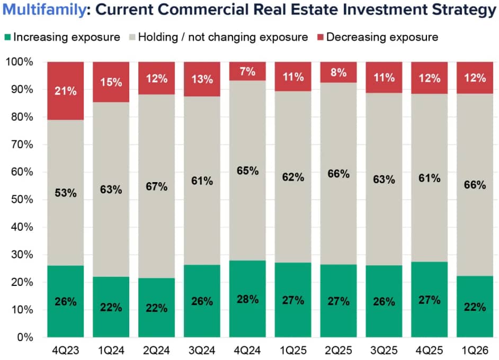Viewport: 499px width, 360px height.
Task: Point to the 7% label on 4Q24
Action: click(x=247, y=70)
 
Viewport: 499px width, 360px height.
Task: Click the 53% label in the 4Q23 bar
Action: click(x=66, y=193)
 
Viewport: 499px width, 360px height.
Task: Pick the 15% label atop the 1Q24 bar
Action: click(x=111, y=82)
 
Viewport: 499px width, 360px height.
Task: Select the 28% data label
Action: click(x=247, y=299)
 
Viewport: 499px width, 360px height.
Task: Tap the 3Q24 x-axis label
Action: click(x=202, y=350)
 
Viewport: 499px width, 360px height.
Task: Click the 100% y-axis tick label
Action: click(x=20, y=62)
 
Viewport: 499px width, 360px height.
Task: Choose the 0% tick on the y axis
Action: click(x=25, y=337)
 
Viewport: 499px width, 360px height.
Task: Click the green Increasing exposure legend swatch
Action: click(x=7, y=37)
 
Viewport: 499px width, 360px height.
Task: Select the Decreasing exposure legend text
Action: click(x=382, y=37)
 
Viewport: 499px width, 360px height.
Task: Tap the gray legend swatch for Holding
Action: click(x=132, y=37)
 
